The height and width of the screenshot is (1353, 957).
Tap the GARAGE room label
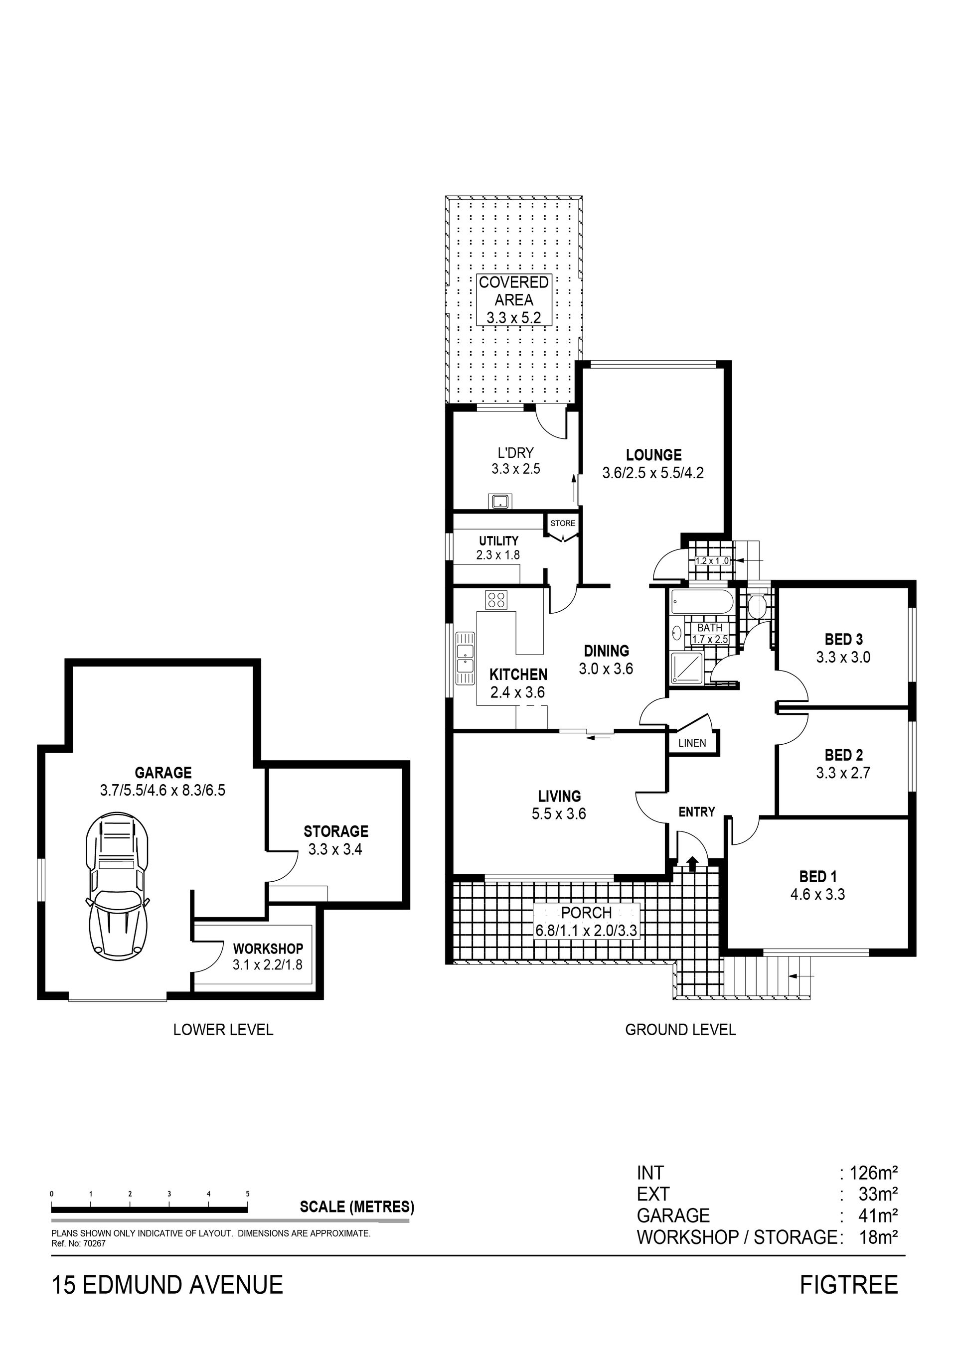[x=163, y=773]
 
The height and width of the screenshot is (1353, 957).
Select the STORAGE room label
[x=336, y=831]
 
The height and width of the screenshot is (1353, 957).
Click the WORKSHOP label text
[x=268, y=949]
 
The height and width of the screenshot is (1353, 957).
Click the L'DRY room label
[x=516, y=452]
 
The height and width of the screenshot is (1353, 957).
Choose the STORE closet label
[x=563, y=523]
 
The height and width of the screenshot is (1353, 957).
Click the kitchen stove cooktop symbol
[x=496, y=599]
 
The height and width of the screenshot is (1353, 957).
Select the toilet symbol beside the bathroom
[x=756, y=605]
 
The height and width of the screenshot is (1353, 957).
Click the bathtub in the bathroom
[x=702, y=602]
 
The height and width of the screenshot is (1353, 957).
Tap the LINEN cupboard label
[x=692, y=743]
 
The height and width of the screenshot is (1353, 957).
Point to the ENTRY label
[x=697, y=812]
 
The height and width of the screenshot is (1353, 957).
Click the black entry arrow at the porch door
[x=693, y=864]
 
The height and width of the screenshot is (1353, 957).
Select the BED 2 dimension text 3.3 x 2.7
[x=843, y=773]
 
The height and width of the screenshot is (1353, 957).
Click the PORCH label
[x=587, y=913]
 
